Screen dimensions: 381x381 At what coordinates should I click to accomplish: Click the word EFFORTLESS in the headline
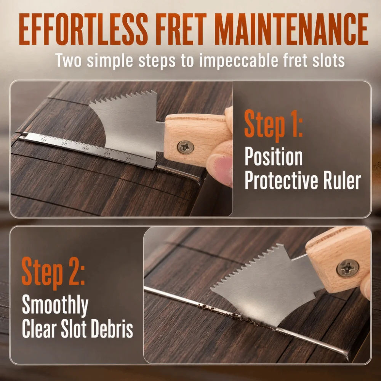point(83,29)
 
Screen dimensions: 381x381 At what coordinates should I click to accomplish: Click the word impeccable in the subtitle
point(239,61)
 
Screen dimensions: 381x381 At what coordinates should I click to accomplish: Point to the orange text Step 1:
point(273,126)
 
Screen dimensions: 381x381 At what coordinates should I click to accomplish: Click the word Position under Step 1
point(273,157)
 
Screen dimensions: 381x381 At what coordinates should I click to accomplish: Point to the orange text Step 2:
point(53,273)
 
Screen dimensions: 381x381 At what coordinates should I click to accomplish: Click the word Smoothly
point(55,305)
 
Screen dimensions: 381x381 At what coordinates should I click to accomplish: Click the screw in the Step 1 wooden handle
point(186,147)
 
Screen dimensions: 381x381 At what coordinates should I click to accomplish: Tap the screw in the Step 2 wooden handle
point(348,268)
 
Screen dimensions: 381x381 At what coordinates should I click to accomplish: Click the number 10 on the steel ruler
point(43,139)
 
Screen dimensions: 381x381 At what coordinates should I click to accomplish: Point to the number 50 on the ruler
point(128,158)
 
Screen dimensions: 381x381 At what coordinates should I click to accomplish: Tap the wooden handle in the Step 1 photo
point(197,139)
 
